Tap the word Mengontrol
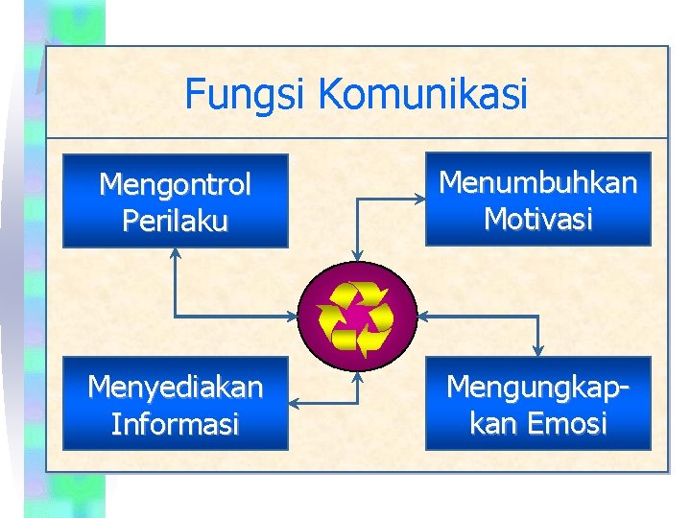click(175, 183)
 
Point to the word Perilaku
click(175, 222)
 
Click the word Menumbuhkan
click(537, 182)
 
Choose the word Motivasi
click(537, 220)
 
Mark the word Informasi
click(175, 424)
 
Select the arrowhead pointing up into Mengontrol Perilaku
click(175, 253)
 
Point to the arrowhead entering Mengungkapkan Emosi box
click(538, 350)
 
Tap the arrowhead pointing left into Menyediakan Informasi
click(294, 403)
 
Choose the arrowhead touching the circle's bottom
click(357, 376)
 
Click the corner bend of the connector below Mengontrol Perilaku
click(175, 316)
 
